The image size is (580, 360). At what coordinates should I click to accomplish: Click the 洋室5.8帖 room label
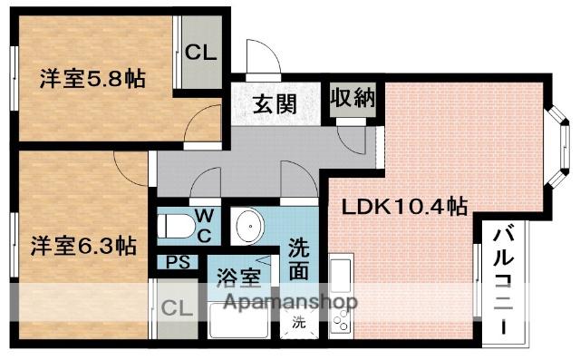(x=92, y=79)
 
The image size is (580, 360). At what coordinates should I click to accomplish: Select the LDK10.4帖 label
(x=403, y=207)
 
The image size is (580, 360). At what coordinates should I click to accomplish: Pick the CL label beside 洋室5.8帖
(x=200, y=53)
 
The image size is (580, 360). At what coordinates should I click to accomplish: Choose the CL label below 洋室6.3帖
(x=178, y=308)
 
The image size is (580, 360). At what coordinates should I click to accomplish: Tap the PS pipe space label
(x=178, y=264)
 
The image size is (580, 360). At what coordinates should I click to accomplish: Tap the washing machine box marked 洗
(x=299, y=320)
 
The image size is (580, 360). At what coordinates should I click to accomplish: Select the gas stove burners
(x=342, y=318)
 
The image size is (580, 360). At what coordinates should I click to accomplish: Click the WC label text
(x=205, y=226)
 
